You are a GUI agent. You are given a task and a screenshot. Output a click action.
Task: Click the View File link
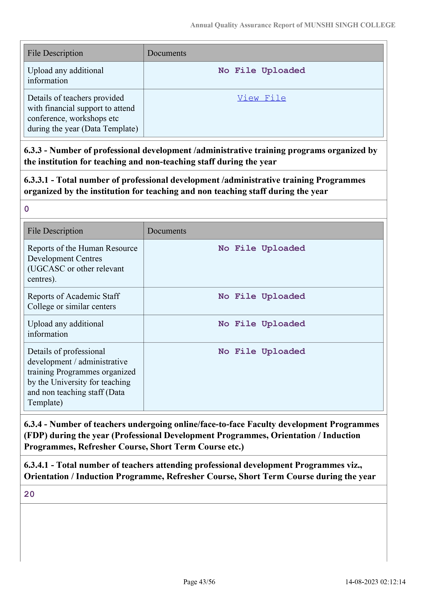coord(261,98)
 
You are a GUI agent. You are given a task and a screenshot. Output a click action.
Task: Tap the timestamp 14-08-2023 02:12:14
coord(375,582)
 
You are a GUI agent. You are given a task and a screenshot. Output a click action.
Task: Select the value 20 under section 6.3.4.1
coord(29,494)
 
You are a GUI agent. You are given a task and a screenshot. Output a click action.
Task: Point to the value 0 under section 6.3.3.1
coord(26,209)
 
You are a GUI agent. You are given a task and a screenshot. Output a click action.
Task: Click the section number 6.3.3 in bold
coord(33,150)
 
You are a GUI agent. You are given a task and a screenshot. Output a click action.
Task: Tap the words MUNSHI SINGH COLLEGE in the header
coord(350,25)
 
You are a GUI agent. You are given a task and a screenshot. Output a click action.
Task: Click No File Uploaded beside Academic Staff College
coord(261,296)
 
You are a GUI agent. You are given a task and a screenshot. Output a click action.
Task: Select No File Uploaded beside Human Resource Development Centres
coord(261,248)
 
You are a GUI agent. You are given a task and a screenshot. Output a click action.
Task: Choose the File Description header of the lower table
coord(55,231)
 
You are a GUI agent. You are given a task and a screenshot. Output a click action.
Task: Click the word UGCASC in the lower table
coord(48,269)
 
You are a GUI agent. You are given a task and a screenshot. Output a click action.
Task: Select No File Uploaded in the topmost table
coord(261,71)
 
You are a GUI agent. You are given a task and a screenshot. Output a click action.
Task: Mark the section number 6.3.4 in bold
coord(33,424)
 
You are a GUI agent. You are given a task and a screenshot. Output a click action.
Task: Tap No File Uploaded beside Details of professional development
coord(261,351)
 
